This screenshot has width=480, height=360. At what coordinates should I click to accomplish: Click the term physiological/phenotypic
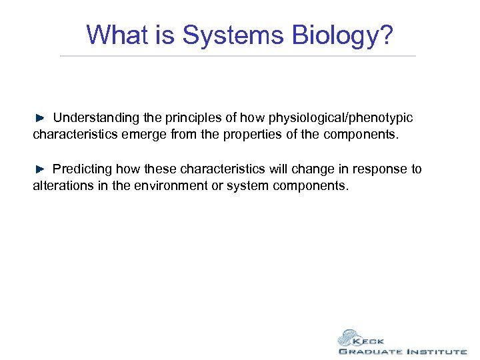click(x=341, y=119)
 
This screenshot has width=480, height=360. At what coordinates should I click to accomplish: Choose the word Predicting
click(x=81, y=169)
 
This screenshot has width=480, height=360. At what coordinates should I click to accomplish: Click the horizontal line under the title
click(x=237, y=56)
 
